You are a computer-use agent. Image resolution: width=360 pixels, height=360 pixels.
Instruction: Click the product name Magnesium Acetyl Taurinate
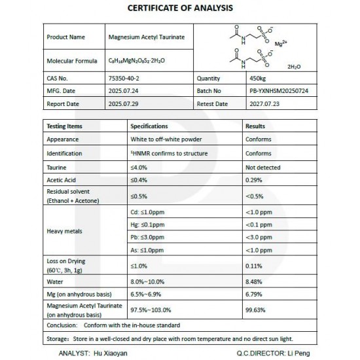click(147, 37)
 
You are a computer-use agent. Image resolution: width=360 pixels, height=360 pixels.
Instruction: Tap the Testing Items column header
click(65, 125)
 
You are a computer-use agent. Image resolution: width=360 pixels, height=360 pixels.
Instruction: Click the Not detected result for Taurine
click(262, 167)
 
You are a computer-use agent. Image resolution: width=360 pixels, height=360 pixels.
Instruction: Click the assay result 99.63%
click(255, 311)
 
